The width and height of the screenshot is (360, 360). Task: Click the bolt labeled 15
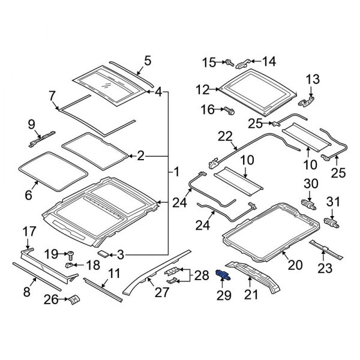pos(229,62)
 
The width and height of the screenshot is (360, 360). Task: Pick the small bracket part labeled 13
pos(310,97)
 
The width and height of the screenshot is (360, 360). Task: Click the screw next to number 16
pos(229,110)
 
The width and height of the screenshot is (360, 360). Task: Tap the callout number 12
pos(202,89)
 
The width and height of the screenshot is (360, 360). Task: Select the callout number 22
pos(224,137)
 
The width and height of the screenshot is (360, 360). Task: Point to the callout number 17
pos(29,232)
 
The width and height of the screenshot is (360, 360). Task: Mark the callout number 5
pos(148,61)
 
